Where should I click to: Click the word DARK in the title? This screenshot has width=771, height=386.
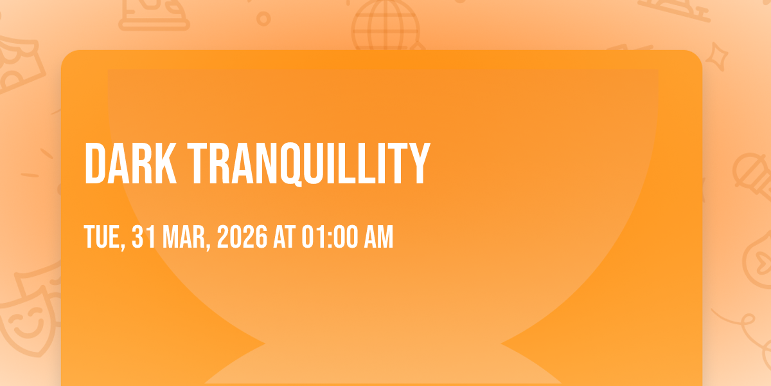[130, 163]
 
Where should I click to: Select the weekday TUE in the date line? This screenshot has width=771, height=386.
[102, 237]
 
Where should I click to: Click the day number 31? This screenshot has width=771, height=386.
[143, 237]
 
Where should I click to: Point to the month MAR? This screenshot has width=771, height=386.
[184, 237]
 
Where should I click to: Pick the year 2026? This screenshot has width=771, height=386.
[242, 237]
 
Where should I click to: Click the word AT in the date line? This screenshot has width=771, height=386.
[284, 237]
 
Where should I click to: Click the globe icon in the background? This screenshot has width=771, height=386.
[385, 26]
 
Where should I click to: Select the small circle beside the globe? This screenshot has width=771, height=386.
[263, 19]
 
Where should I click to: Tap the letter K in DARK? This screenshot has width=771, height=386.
[166, 163]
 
